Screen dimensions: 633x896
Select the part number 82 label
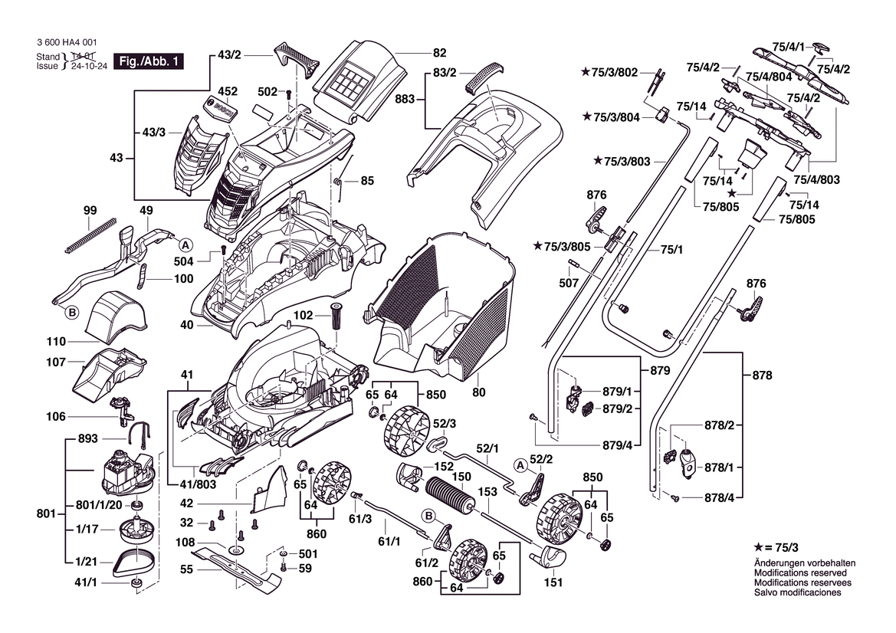(x=439, y=53)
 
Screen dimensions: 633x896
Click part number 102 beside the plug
(x=304, y=314)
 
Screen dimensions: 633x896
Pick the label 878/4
(x=719, y=498)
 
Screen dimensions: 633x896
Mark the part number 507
(x=569, y=283)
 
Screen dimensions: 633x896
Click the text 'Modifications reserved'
(x=800, y=572)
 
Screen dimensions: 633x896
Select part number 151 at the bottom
(x=553, y=582)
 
